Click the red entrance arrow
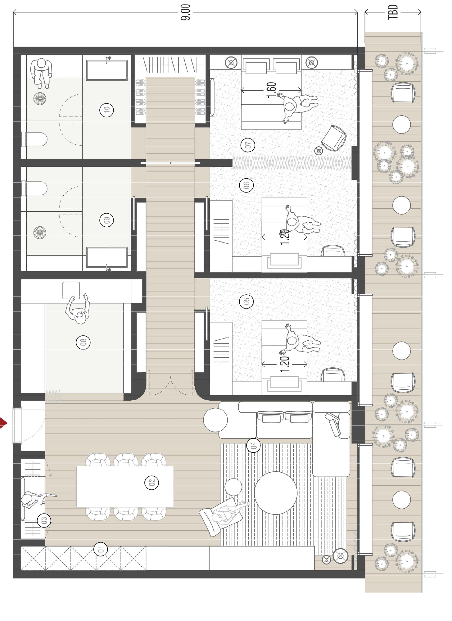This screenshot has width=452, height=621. pos(3,423)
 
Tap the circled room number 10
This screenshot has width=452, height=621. pos(106,110)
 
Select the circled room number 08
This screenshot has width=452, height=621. pos(83,342)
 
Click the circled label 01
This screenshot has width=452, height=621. pos(101,549)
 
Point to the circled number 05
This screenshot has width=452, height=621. pos(246,301)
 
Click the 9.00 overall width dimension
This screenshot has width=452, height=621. pos(185,12)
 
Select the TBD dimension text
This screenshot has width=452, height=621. pos(393,12)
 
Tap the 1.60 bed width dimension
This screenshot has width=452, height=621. pos(271,90)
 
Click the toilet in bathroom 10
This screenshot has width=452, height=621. pos(36,139)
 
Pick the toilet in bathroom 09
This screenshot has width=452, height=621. pos(36,188)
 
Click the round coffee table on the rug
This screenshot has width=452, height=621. pos(276,493)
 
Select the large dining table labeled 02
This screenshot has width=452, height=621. pos(125,486)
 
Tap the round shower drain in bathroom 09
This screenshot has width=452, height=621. pos(40,232)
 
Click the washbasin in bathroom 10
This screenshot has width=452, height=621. pos(106,70)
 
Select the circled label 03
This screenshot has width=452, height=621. pos(44,520)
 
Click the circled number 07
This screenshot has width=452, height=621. pos(248,145)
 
